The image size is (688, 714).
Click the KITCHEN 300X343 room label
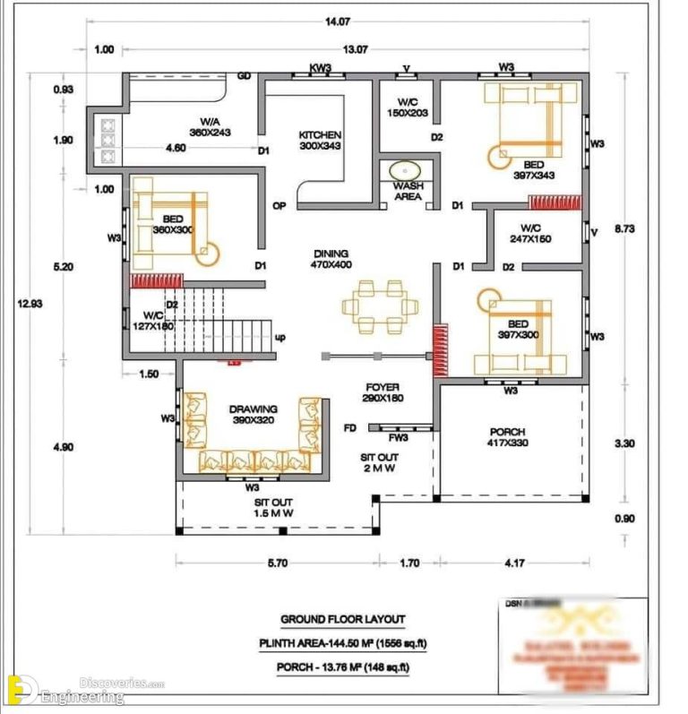pos(320,140)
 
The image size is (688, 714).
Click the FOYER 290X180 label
pos(382,391)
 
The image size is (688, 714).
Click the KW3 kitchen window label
pos(321,67)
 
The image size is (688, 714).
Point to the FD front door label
pos(350,428)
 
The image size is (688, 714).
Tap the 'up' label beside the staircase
pos(279,338)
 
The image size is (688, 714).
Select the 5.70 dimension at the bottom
pos(276,563)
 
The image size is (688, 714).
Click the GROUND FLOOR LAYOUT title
pos(342,619)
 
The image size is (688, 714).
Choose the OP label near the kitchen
pos(279,206)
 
